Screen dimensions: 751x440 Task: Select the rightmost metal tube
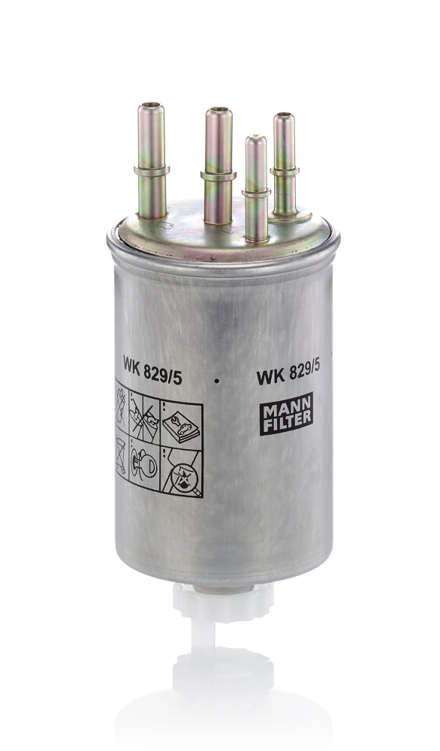pyautogui.click(x=284, y=161)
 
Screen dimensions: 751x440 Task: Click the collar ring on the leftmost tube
pyautogui.click(x=152, y=171)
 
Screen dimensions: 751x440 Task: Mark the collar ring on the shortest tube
pyautogui.click(x=256, y=192)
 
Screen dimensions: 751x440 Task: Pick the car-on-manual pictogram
pyautogui.click(x=182, y=422)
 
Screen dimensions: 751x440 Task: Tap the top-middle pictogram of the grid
pyautogui.click(x=146, y=415)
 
